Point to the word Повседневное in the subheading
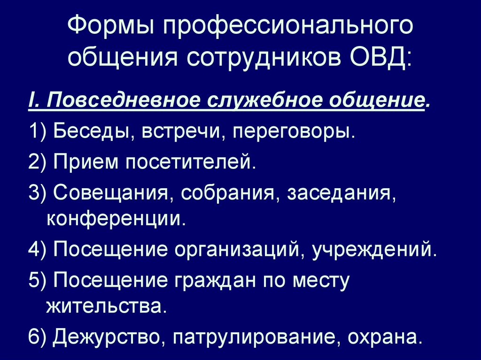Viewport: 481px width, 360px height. [124, 100]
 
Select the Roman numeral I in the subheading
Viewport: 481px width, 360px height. [32, 100]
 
